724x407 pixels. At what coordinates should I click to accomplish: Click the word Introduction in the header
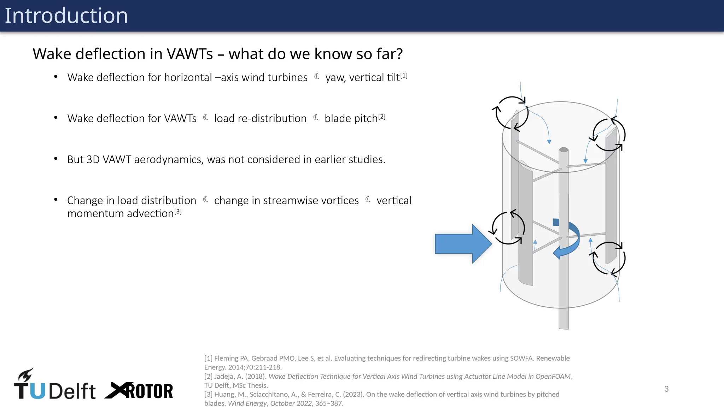(x=66, y=16)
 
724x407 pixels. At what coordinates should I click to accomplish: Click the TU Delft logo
(x=54, y=385)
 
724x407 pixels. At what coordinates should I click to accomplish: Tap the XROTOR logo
(x=139, y=391)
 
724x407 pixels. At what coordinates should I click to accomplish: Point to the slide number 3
(x=666, y=389)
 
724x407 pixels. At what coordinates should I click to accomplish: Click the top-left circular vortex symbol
(x=512, y=113)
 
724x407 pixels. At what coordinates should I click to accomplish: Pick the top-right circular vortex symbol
(x=609, y=135)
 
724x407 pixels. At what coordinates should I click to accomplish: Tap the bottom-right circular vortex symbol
(x=609, y=258)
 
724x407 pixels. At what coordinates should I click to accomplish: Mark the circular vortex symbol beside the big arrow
(x=508, y=228)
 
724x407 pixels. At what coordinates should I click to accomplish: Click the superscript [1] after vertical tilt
(x=404, y=76)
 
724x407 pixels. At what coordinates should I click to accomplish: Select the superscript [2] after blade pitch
(x=382, y=117)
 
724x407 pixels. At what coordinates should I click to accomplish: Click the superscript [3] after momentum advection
(x=178, y=211)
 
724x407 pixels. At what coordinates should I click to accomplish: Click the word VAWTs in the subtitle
(x=190, y=54)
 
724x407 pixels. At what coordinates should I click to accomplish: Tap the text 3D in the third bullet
(x=93, y=160)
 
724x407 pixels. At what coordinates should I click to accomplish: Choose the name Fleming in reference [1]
(x=226, y=358)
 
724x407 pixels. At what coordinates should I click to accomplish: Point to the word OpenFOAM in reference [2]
(x=553, y=376)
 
